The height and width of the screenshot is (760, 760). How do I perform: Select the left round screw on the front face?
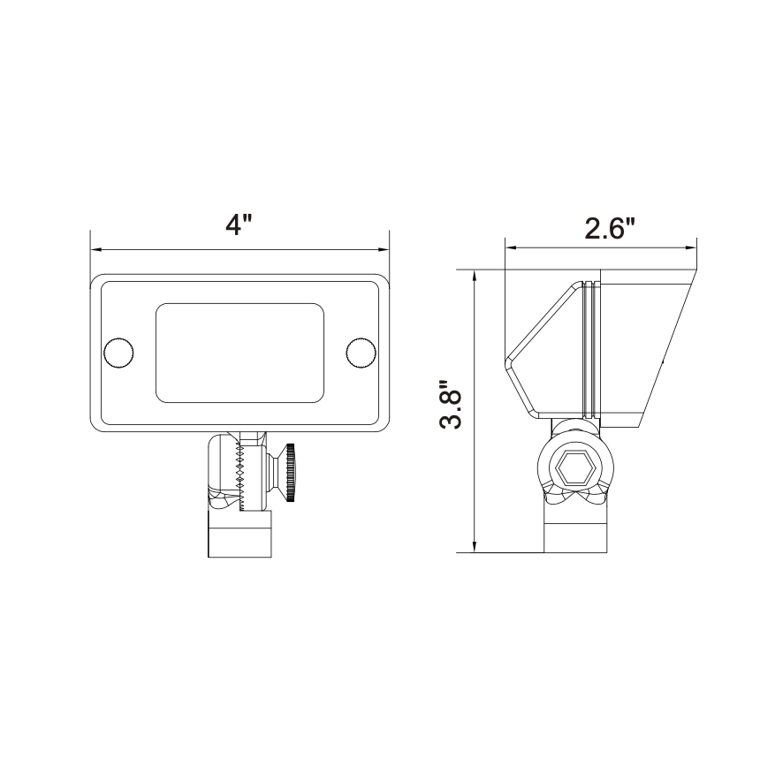click(x=118, y=353)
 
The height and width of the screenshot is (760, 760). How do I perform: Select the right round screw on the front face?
click(x=361, y=353)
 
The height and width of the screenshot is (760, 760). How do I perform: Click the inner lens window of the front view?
click(x=239, y=353)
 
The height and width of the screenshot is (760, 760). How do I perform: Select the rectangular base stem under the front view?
click(x=239, y=536)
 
